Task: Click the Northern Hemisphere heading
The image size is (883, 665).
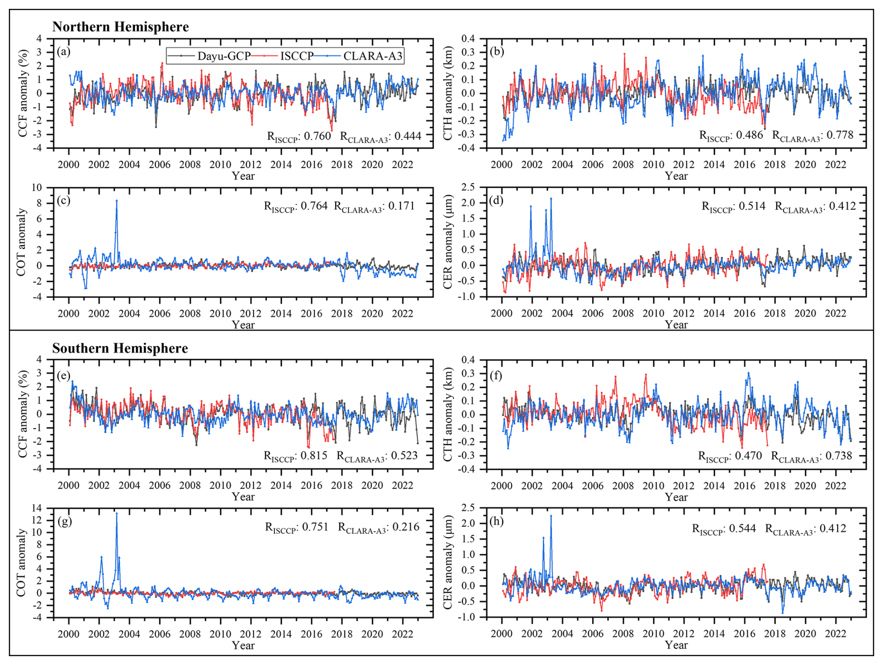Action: pyautogui.click(x=120, y=27)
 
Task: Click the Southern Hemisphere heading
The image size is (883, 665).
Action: pyautogui.click(x=120, y=348)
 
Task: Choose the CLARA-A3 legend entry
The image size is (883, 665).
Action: pyautogui.click(x=372, y=56)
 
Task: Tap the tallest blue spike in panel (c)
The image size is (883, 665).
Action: pyautogui.click(x=117, y=201)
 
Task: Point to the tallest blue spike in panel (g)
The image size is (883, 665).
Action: pyautogui.click(x=117, y=514)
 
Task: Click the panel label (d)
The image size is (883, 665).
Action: pyautogui.click(x=496, y=200)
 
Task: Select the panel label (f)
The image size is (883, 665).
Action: pyautogui.click(x=496, y=375)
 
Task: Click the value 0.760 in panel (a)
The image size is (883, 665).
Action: pyautogui.click(x=317, y=136)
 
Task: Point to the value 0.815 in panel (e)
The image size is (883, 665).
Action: pyautogui.click(x=315, y=455)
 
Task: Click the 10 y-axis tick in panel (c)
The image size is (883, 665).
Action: pyautogui.click(x=37, y=188)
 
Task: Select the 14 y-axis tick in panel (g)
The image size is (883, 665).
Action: pyautogui.click(x=37, y=508)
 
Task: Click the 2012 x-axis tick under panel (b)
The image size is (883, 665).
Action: pyautogui.click(x=684, y=164)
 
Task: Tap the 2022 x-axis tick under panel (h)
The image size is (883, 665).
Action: pyautogui.click(x=835, y=634)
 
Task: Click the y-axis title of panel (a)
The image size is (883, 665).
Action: pyautogui.click(x=23, y=93)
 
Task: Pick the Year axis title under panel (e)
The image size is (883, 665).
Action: pyautogui.click(x=243, y=497)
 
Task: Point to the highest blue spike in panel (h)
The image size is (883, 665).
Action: pyautogui.click(x=551, y=516)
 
